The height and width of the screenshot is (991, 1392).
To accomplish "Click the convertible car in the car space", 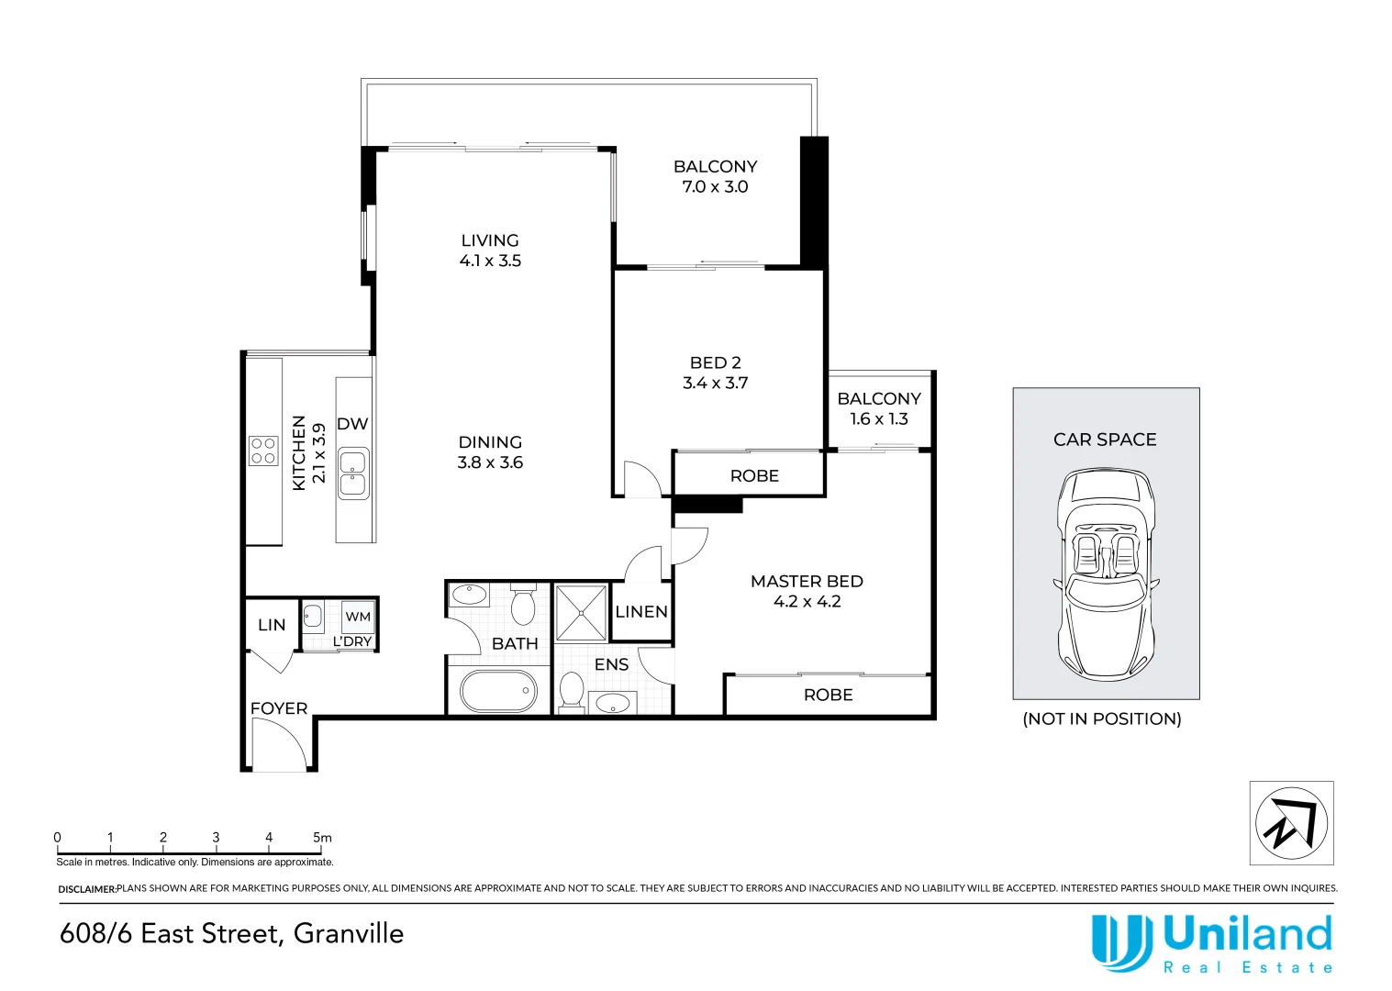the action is tap(1106, 573).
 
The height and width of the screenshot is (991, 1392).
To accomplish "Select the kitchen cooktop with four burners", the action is tap(263, 451).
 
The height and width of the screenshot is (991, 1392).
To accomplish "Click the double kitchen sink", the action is tap(353, 473).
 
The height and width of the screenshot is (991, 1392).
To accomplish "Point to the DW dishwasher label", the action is tap(352, 424).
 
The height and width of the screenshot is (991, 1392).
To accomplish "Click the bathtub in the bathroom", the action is tap(498, 691).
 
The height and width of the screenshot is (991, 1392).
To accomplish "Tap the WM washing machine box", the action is tap(358, 617).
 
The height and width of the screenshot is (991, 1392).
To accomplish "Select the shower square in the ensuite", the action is tap(581, 613).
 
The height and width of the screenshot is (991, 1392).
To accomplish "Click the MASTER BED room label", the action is tap(807, 582).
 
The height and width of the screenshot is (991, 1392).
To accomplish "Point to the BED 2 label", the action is tap(715, 362).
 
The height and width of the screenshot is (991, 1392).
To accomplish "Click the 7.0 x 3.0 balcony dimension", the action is tap(715, 186).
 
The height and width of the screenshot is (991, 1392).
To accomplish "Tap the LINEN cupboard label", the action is tap(641, 612).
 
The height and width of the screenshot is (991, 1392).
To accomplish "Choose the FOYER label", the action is tap(279, 708).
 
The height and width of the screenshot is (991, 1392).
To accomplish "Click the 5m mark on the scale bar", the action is tap(322, 838).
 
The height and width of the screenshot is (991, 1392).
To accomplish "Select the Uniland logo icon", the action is tap(1122, 942).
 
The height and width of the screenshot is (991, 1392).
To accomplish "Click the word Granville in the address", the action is tap(349, 934).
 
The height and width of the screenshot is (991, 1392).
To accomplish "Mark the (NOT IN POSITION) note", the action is tap(1102, 718).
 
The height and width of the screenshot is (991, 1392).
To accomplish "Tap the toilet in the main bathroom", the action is tap(523, 603).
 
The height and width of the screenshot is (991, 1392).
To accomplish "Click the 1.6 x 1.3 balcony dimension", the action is tap(879, 418).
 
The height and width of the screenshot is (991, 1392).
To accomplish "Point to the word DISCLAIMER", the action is tap(87, 889).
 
